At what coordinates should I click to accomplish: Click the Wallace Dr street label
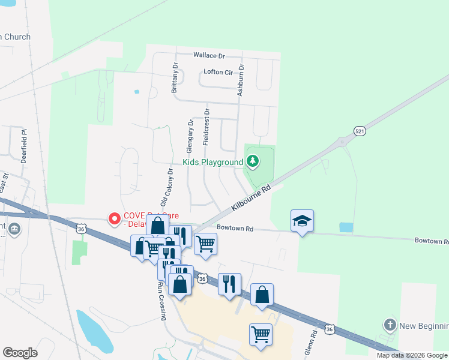(208, 56)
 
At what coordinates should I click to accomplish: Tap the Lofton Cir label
(218, 72)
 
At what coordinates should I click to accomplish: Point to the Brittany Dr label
(175, 77)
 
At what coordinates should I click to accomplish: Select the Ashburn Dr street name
(240, 80)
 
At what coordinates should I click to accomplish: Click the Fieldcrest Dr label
(206, 127)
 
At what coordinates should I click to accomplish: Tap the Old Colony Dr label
(166, 187)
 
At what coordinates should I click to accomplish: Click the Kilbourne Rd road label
(251, 197)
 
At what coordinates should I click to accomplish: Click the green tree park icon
(253, 161)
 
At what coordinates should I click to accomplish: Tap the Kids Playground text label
(212, 162)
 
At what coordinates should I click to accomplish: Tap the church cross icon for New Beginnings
(390, 325)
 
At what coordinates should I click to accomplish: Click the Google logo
(20, 353)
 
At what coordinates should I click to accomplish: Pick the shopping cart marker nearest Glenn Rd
(261, 334)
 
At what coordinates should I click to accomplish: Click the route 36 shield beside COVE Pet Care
(82, 229)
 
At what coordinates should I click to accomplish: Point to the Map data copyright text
(412, 355)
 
